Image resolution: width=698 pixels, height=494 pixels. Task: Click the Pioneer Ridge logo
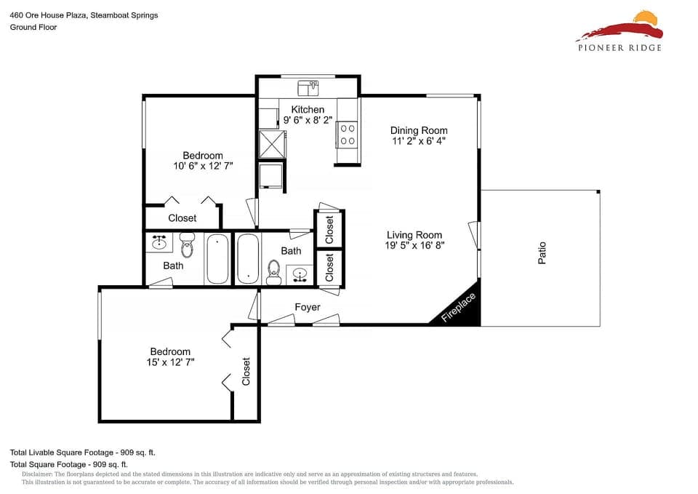[619, 31]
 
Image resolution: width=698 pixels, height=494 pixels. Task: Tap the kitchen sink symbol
[308, 88]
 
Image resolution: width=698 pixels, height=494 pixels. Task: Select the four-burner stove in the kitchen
[348, 135]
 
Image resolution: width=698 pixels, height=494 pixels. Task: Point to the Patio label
[542, 253]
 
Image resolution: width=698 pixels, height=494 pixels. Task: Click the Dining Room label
[419, 130]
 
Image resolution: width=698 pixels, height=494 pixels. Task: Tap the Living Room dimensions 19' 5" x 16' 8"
[414, 245]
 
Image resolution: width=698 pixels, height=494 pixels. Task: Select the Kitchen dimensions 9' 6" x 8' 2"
[308, 120]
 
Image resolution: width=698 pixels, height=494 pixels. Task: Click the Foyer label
[307, 307]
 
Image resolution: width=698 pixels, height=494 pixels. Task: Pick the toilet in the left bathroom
[188, 245]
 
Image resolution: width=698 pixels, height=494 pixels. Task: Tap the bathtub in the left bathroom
[217, 259]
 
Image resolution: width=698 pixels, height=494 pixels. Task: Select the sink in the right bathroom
[299, 275]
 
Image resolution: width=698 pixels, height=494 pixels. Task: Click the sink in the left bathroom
[159, 242]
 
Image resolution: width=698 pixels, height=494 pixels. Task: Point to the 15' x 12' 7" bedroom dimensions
[170, 362]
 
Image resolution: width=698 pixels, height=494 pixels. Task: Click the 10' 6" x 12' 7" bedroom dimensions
[203, 166]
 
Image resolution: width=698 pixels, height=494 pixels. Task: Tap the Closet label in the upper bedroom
[182, 218]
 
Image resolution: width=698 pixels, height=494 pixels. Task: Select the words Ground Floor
[33, 27]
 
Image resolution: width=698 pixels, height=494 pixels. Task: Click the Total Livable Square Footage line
[83, 453]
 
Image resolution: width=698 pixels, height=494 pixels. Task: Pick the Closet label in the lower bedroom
[246, 372]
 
